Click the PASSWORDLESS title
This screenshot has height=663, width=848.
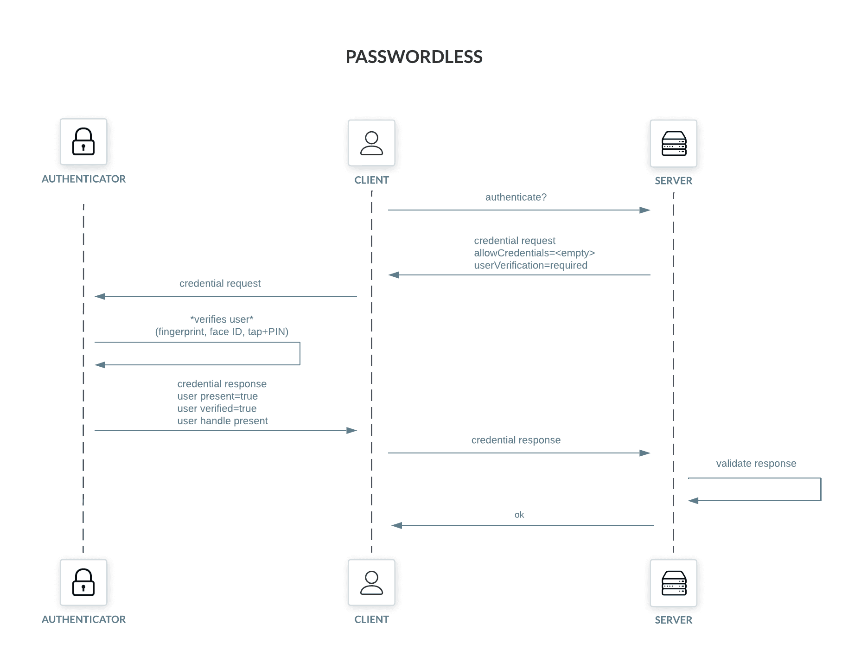[414, 57]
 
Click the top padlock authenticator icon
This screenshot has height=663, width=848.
[83, 142]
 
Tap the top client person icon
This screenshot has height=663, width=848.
[371, 143]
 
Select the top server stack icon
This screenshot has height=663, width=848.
[674, 143]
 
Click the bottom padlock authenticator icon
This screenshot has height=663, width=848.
[83, 582]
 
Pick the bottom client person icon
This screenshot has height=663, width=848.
[371, 582]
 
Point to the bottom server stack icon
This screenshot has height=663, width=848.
[674, 583]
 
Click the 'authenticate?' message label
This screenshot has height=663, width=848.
[516, 198]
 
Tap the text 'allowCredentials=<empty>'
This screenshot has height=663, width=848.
[534, 253]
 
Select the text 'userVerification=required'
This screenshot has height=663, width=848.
[530, 266]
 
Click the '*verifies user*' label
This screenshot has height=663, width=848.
[222, 319]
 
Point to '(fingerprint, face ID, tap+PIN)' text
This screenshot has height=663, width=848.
[222, 332]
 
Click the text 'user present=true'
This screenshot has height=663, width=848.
[217, 396]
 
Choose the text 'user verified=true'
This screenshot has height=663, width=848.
[217, 409]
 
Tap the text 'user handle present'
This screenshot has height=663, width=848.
[223, 421]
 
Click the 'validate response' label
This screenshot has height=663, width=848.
[756, 464]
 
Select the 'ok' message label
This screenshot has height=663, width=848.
[519, 515]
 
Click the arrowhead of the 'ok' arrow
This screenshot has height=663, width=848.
[396, 525]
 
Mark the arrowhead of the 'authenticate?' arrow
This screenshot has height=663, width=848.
[645, 210]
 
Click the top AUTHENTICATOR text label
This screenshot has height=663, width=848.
[83, 179]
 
